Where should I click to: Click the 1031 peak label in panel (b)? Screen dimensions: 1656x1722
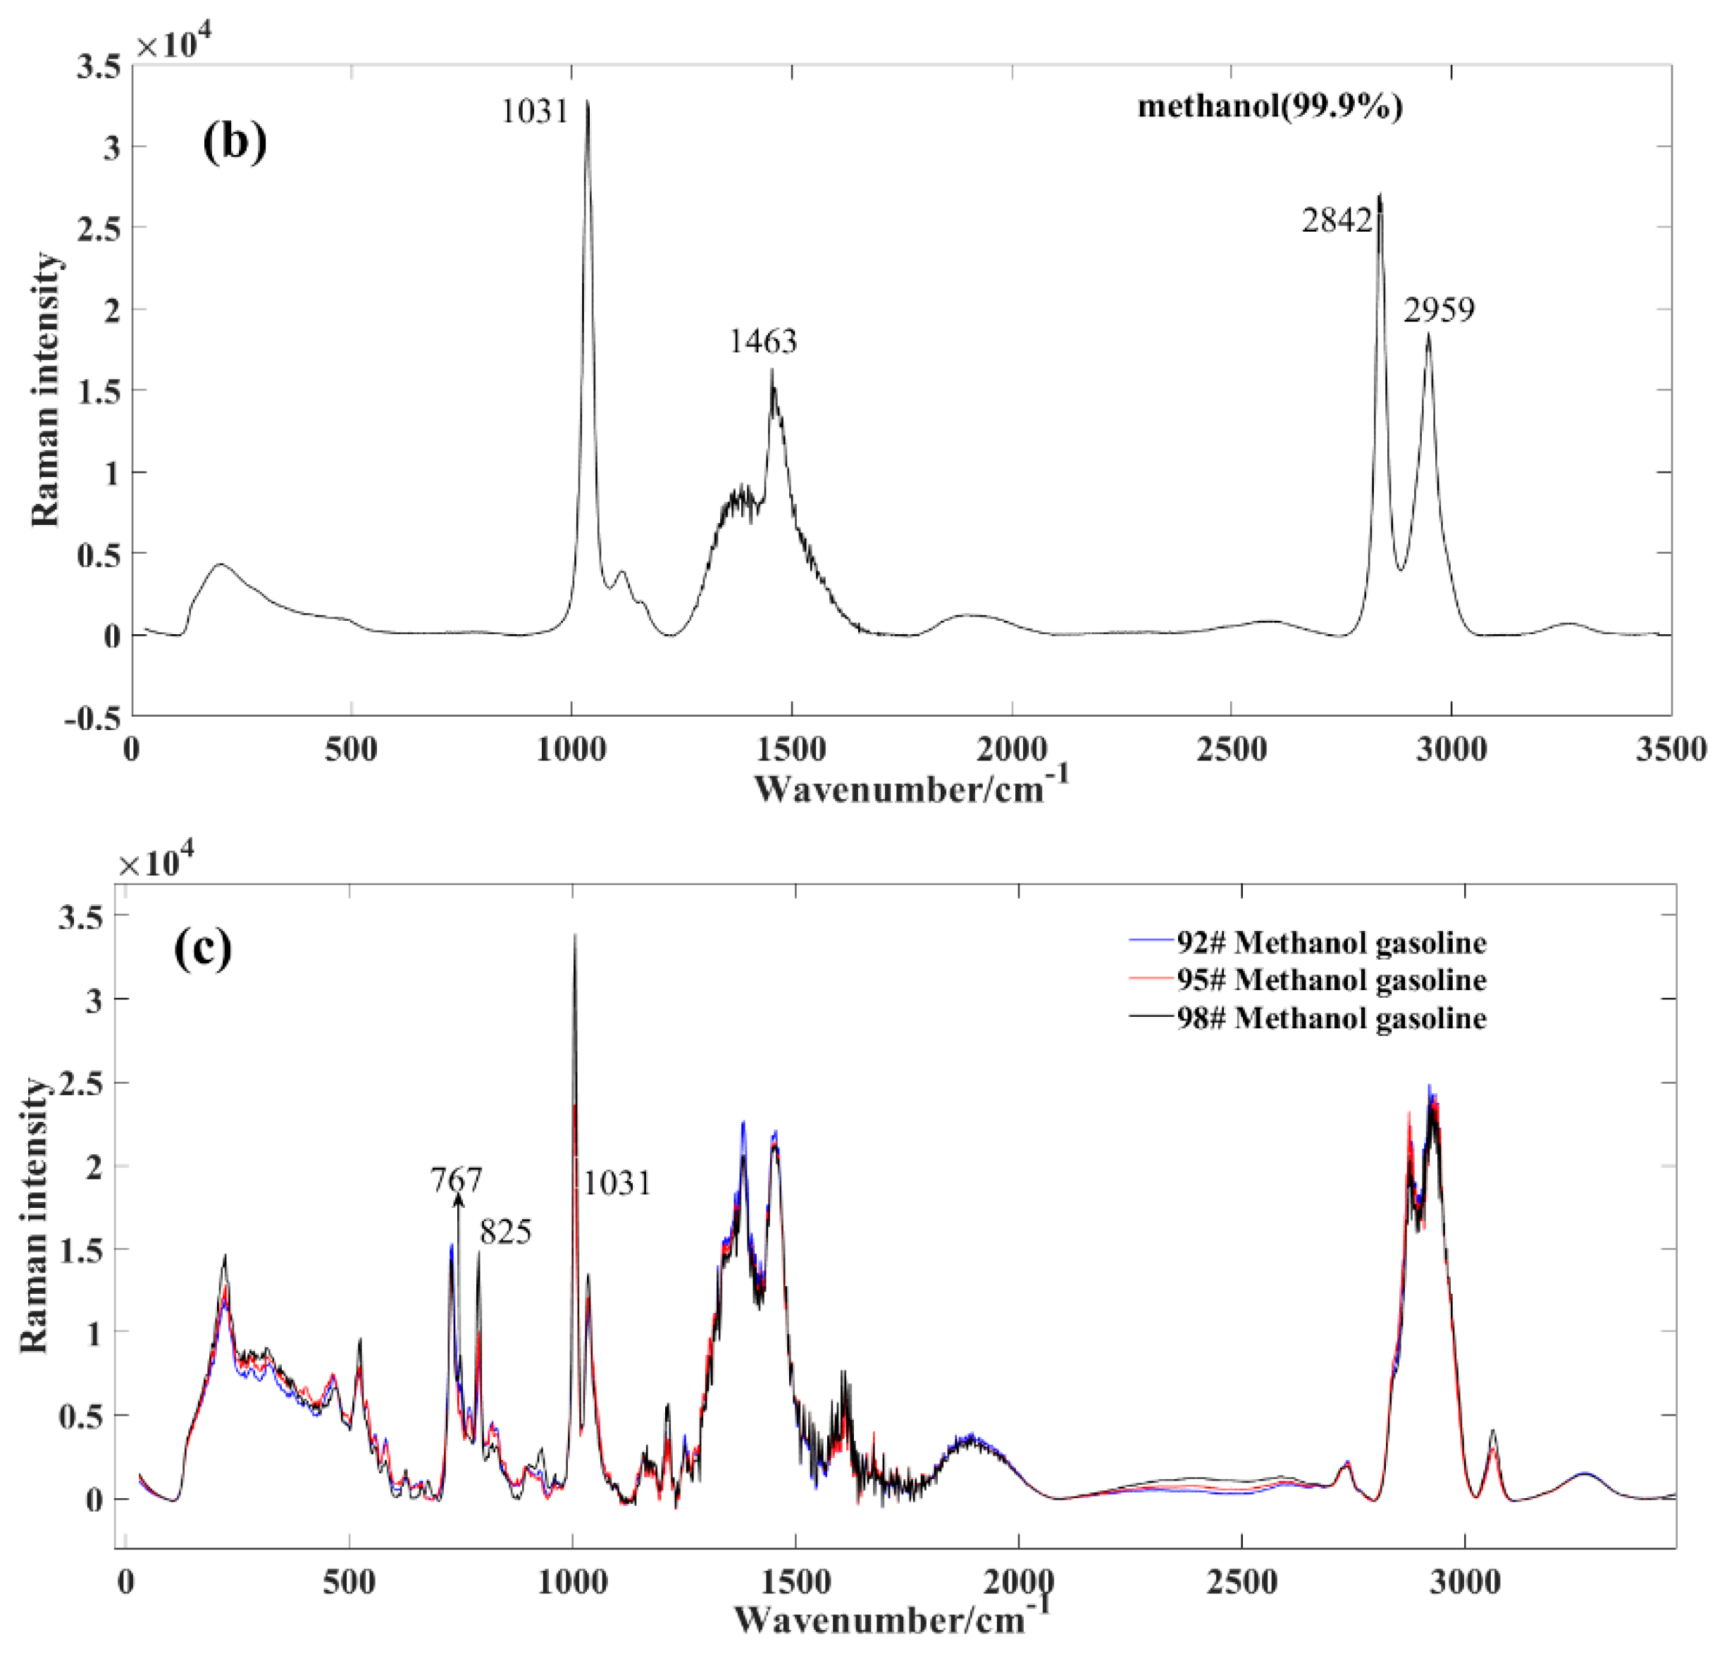click(535, 111)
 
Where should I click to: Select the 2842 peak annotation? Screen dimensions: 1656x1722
click(1337, 221)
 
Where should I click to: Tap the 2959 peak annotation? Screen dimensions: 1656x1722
click(1438, 309)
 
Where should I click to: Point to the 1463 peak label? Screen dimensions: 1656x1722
click(762, 341)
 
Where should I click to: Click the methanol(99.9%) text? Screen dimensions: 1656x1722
click(1270, 106)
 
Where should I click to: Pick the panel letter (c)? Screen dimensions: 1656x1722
click(203, 948)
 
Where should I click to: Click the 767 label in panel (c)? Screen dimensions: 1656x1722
click(456, 1179)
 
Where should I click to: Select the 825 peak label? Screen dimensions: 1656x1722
click(505, 1232)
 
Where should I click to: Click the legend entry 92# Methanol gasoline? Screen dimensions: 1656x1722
click(1331, 943)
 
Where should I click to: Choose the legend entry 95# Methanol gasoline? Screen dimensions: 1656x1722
click(1331, 980)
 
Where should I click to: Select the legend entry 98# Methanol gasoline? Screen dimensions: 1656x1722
click(1331, 1018)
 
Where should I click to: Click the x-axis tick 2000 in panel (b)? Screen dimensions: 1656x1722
click(1012, 749)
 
